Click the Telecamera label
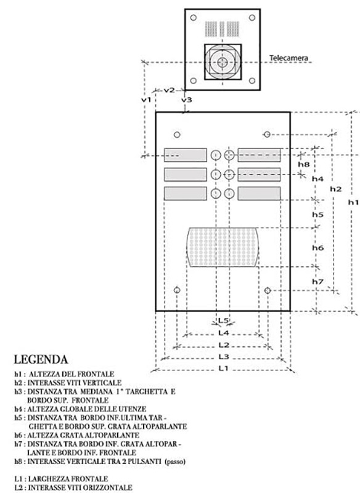click(288, 58)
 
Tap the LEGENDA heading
click(41, 359)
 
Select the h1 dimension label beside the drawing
click(353, 202)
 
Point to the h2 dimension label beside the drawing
click(335, 189)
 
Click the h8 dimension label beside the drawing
click(304, 164)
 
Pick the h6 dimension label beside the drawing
click(318, 248)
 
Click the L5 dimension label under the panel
click(223, 320)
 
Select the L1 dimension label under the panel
click(223, 368)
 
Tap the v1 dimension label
click(146, 100)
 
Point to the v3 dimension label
click(186, 100)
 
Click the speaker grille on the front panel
click(223, 247)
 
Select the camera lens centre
click(223, 62)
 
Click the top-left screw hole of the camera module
click(194, 18)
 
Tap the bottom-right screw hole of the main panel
click(268, 290)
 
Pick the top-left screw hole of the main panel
click(177, 134)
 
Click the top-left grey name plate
click(186, 155)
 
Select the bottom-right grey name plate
click(259, 194)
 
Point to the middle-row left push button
click(216, 174)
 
